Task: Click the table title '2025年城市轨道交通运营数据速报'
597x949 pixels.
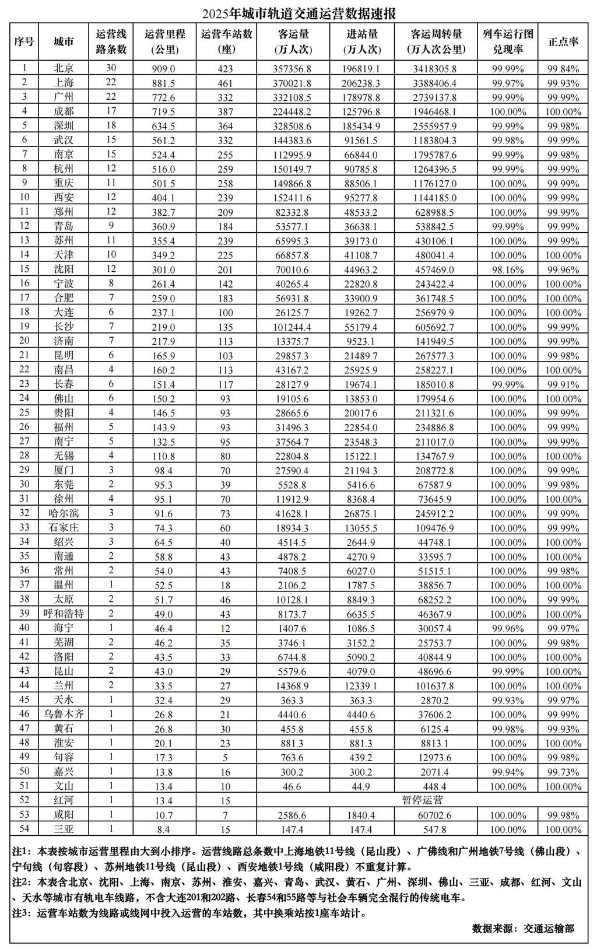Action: [x=298, y=13]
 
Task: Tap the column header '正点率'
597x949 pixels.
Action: [x=563, y=41]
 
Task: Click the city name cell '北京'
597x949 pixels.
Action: [x=64, y=68]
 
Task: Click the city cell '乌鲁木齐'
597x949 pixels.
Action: [x=64, y=714]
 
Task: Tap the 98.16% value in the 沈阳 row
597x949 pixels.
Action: [x=508, y=269]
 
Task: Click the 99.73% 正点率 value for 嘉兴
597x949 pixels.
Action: [x=563, y=772]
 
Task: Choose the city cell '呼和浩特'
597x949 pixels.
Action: [x=64, y=614]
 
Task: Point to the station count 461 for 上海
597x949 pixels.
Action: [x=225, y=83]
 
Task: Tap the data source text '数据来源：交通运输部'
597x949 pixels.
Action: [x=523, y=928]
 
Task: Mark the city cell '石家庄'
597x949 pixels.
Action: [x=64, y=527]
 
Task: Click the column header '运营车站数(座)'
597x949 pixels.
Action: [x=226, y=41]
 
